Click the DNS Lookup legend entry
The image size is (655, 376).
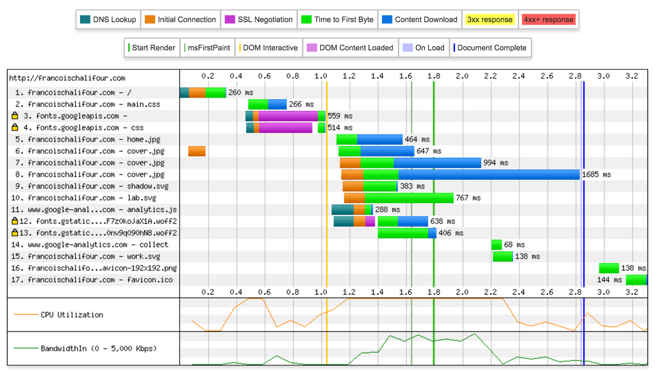[x=108, y=20]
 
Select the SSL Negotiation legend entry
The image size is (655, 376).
[x=259, y=20]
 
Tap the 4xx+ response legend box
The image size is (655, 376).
[x=549, y=20]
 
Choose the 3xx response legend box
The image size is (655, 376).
[x=490, y=20]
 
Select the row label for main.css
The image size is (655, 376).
[x=94, y=104]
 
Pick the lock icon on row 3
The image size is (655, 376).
[x=15, y=115]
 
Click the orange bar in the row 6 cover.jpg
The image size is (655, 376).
[x=197, y=151]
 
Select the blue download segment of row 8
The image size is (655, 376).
[x=489, y=174]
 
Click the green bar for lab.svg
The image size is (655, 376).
[x=409, y=198]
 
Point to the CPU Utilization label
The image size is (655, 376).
[x=72, y=315]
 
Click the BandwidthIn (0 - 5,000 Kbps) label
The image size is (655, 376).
[x=99, y=349]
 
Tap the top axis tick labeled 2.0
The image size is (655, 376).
[x=462, y=76]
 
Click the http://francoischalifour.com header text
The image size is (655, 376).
[x=67, y=78]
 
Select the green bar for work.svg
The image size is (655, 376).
[x=502, y=257]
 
